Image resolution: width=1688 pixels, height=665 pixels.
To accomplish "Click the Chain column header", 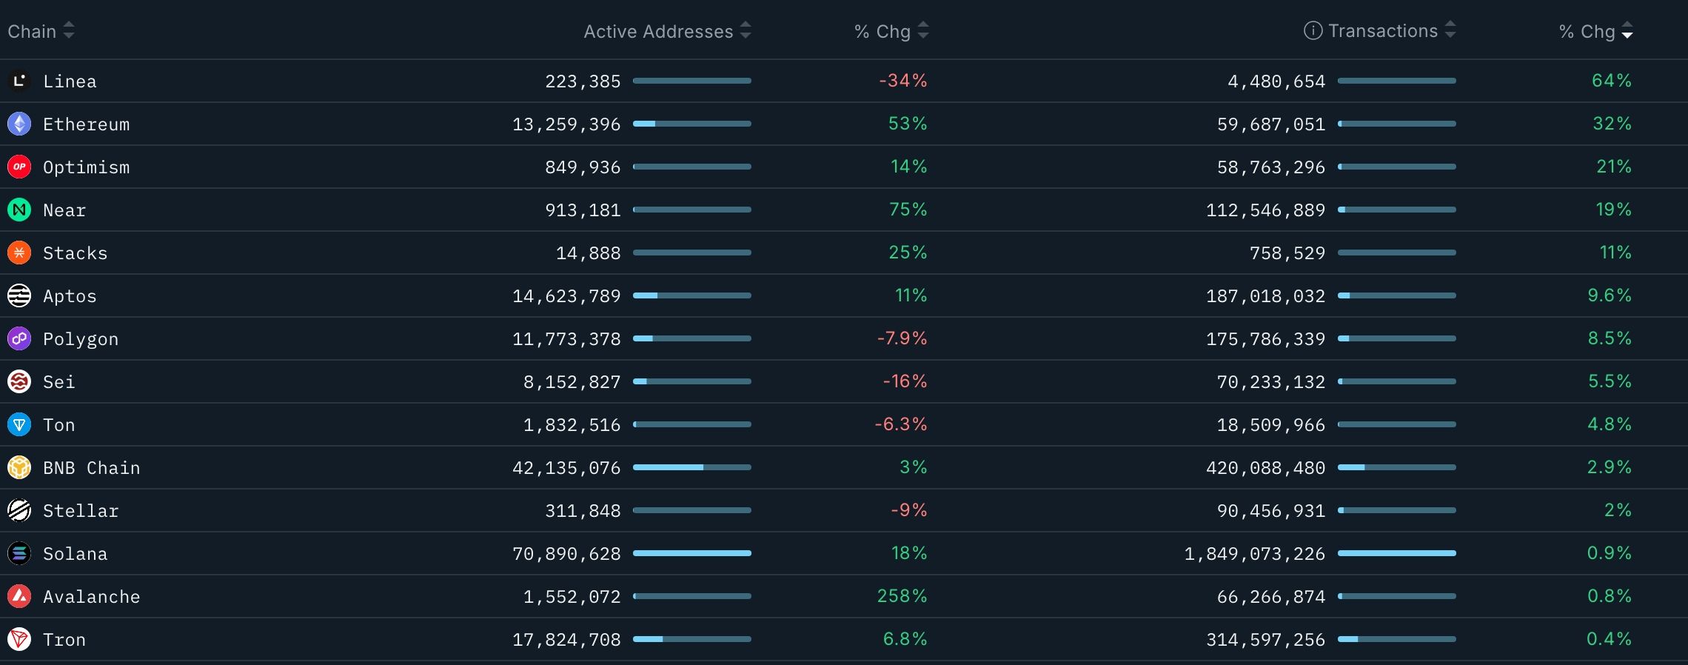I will (33, 31).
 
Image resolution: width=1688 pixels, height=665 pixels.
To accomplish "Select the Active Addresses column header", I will (657, 31).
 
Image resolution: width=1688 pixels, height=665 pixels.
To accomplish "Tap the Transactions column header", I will (1382, 31).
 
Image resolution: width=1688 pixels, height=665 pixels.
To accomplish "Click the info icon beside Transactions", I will (1313, 30).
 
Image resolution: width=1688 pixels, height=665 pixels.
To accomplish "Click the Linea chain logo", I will (19, 81).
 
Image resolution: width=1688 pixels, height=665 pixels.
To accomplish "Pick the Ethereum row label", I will (86, 124).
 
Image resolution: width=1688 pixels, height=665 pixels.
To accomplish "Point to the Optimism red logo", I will (19, 167).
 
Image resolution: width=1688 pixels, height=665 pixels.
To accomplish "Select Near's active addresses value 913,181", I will (583, 210).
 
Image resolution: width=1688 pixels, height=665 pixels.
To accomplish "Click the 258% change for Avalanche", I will (902, 596).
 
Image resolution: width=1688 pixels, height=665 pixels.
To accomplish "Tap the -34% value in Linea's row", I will (902, 81).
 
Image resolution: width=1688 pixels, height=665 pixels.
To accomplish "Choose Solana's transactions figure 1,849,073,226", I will (1254, 554).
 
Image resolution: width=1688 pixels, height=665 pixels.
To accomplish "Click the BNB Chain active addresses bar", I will (691, 467).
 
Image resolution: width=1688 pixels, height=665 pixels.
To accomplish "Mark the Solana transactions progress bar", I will (1396, 553).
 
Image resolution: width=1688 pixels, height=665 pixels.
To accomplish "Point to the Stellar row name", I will (81, 511).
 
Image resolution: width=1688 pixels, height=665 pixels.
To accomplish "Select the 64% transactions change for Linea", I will (1611, 81).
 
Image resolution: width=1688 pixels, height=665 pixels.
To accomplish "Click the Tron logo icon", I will (19, 639).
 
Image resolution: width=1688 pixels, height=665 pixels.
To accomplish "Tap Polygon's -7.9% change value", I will (902, 338).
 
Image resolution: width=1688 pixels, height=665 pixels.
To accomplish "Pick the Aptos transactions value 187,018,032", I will (1265, 296).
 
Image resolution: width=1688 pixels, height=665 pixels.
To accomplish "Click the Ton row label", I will (59, 425).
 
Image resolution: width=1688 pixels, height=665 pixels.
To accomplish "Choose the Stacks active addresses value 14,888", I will (588, 253).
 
